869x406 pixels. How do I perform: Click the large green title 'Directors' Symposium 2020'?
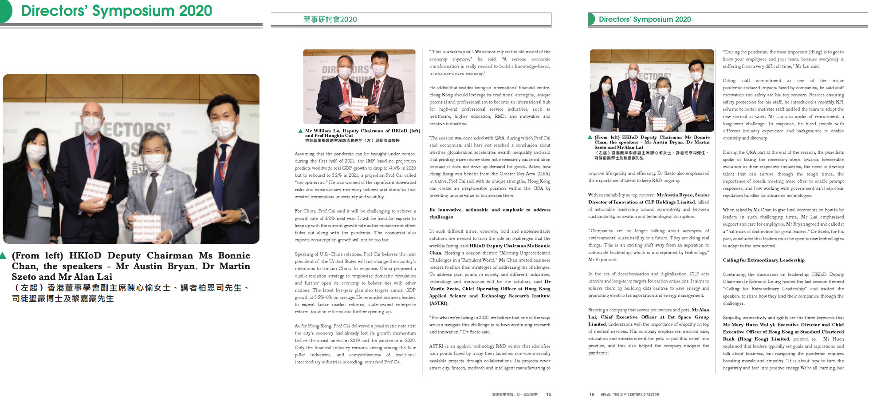[116, 11]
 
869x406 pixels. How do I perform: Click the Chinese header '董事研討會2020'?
[330, 20]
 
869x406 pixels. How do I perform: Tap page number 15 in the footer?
[549, 394]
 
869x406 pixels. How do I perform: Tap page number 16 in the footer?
[591, 394]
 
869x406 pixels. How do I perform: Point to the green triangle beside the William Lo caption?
[300, 131]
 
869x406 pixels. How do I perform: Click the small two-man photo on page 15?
[359, 87]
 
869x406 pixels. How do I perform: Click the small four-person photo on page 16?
[652, 91]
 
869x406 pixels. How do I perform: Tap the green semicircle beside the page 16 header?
[591, 19]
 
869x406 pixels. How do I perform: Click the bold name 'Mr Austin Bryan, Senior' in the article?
[683, 195]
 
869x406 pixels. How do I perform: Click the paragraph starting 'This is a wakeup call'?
[489, 63]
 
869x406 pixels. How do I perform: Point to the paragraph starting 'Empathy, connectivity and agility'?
[783, 342]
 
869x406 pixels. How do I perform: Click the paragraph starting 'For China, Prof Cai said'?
[355, 226]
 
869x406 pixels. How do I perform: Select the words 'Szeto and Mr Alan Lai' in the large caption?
[62, 277]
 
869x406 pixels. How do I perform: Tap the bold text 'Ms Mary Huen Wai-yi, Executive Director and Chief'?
[783, 325]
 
